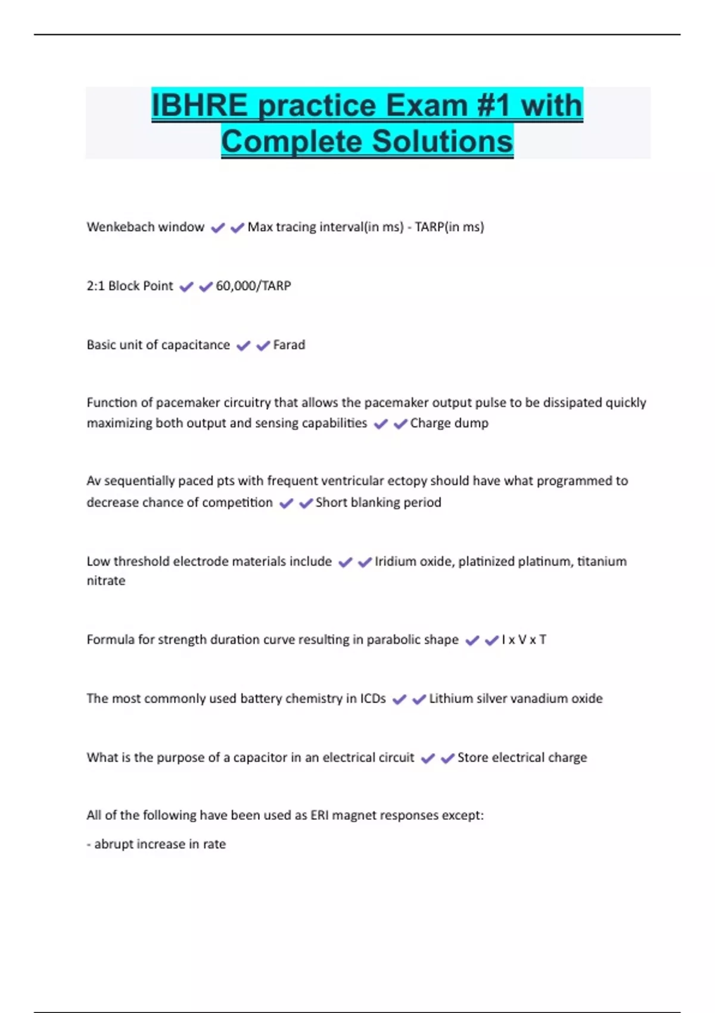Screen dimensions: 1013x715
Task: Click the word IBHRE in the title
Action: coord(199,105)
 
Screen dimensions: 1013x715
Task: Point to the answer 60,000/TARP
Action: coord(253,286)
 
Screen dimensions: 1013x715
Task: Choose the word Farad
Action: coord(289,345)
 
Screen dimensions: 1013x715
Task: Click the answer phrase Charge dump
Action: coord(449,423)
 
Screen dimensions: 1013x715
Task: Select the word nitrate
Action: coord(106,581)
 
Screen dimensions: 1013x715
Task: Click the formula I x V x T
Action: coord(524,640)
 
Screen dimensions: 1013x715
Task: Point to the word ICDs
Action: coord(373,698)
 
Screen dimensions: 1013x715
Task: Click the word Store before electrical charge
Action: coord(473,757)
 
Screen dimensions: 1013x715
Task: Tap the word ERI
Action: coord(319,815)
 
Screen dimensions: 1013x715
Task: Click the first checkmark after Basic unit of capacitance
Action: coord(243,346)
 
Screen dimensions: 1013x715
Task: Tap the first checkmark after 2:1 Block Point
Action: coord(186,287)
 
